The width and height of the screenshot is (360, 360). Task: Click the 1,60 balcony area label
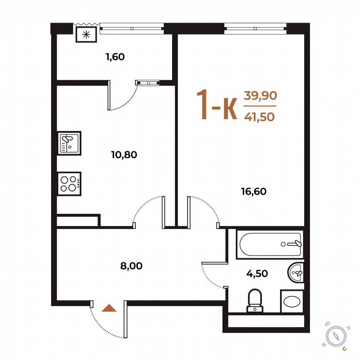click(x=115, y=57)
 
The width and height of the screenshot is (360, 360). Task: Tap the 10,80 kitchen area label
click(x=124, y=155)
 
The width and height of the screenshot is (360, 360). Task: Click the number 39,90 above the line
click(x=260, y=96)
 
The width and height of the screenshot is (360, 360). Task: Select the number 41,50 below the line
click(x=260, y=117)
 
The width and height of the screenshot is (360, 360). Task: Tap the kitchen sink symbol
click(x=69, y=142)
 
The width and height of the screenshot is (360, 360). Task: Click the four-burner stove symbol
click(x=69, y=183)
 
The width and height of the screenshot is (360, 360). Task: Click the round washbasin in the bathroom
click(x=297, y=273)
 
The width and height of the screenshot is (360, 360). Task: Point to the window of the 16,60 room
click(x=255, y=28)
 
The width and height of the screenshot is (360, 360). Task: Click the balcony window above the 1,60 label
click(x=132, y=28)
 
